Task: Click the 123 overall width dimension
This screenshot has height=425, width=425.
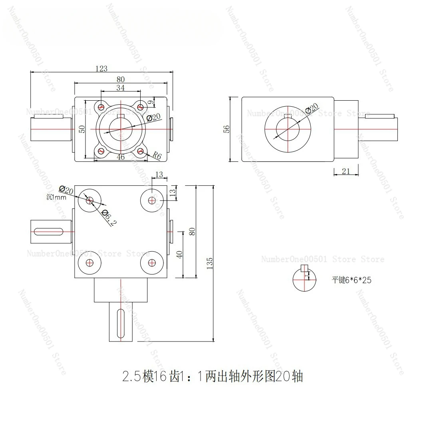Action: click(x=101, y=69)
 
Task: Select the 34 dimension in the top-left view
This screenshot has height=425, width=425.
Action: click(x=120, y=87)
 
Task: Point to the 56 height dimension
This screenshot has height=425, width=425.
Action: click(x=226, y=129)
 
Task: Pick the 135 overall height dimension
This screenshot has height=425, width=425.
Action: click(x=210, y=262)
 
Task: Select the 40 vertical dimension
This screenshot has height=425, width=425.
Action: click(x=179, y=254)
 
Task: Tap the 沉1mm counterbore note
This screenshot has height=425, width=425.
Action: click(x=56, y=197)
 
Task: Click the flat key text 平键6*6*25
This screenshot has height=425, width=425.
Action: click(x=352, y=280)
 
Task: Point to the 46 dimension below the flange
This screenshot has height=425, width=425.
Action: click(x=121, y=157)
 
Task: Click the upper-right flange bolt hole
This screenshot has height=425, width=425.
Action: click(x=140, y=107)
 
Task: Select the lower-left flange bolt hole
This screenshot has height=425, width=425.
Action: click(x=101, y=151)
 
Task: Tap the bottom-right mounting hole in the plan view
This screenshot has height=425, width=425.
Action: click(x=151, y=262)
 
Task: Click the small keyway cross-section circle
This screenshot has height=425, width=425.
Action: click(x=304, y=279)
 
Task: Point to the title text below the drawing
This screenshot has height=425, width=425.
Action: click(x=212, y=376)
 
